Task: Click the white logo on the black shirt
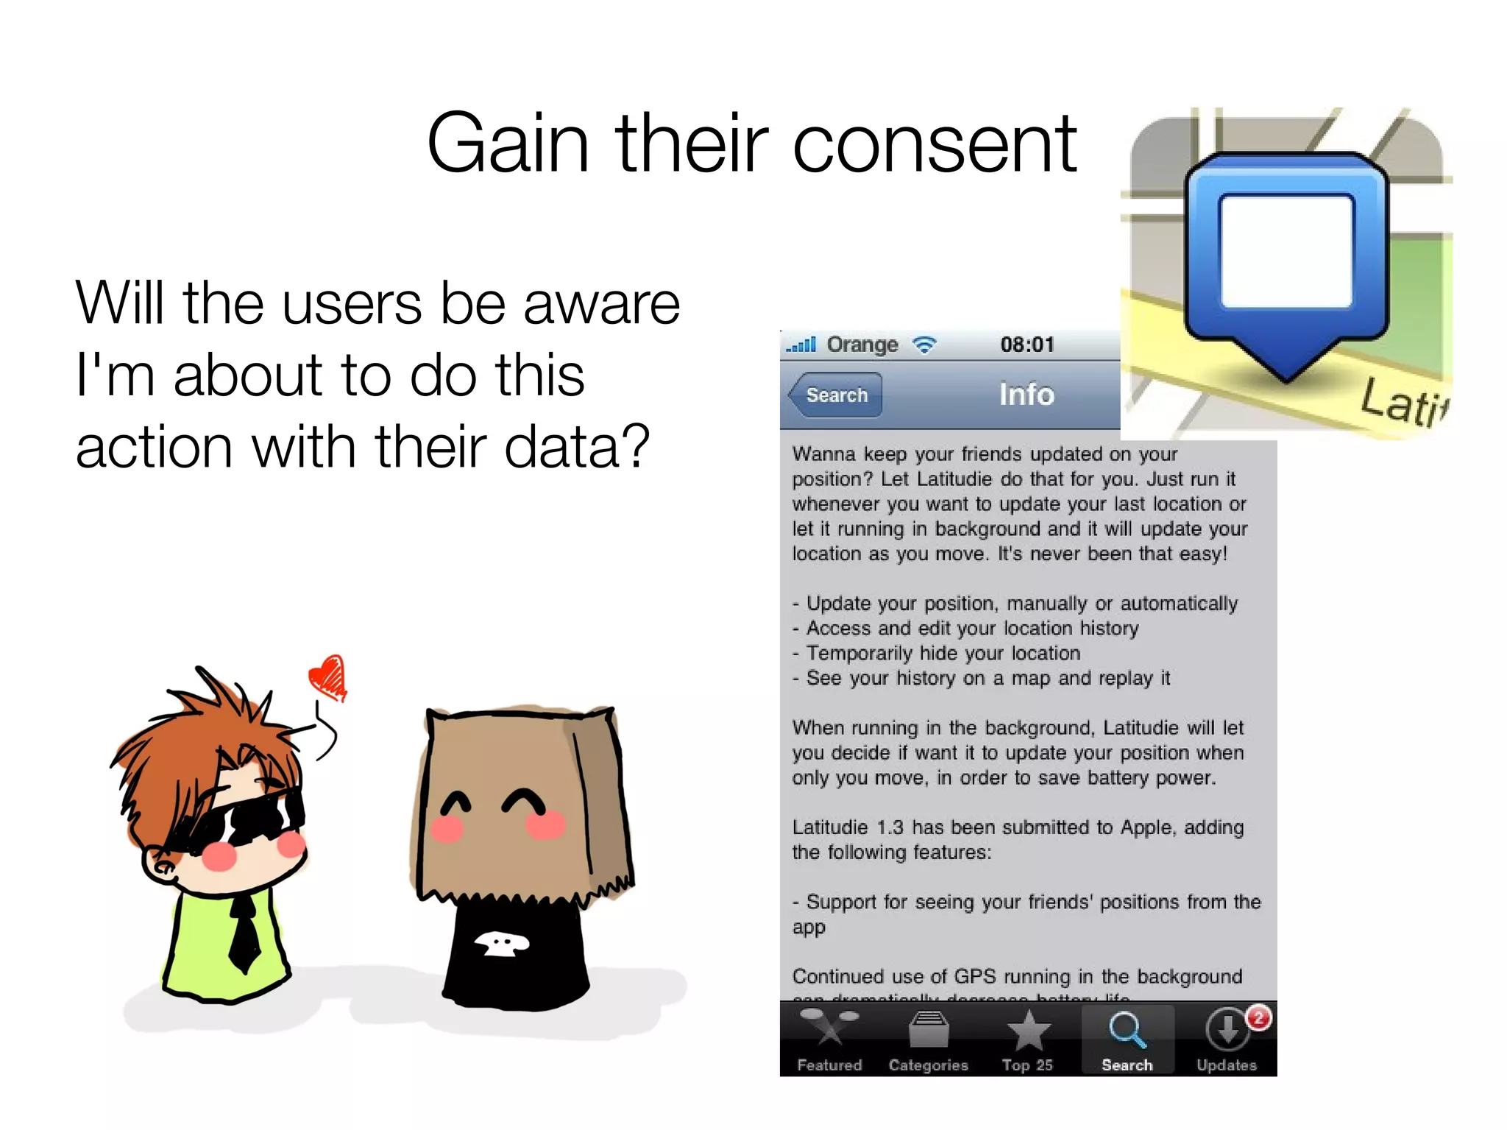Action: pos(500,943)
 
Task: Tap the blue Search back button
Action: pos(835,395)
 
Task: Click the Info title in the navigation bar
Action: pos(1026,395)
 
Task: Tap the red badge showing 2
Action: pos(1259,1018)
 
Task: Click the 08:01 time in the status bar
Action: pos(1027,345)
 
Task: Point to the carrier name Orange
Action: pos(862,345)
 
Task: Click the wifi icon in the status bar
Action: pos(924,345)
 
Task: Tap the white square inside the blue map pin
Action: pos(1286,250)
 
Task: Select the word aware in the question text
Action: pos(601,303)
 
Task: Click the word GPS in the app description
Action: pos(974,977)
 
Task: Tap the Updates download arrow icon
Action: pos(1227,1029)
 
